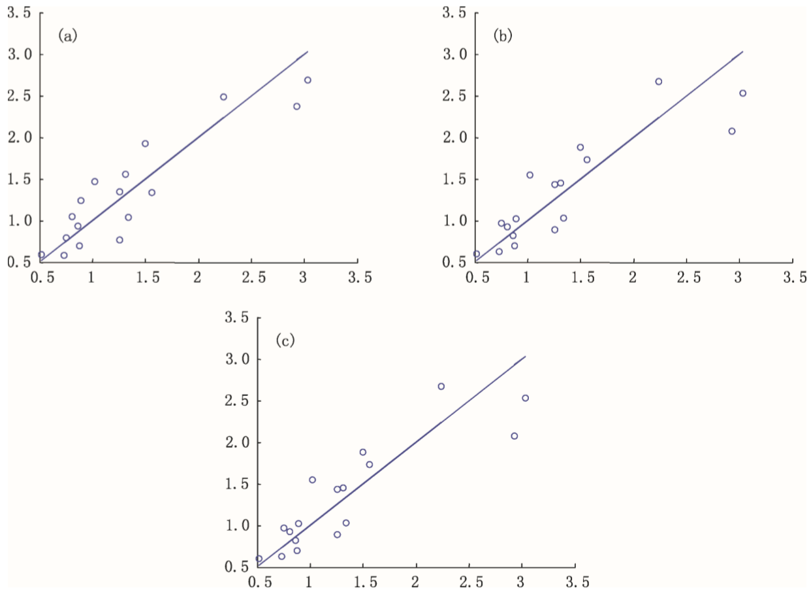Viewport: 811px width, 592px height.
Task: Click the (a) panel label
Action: coord(67,36)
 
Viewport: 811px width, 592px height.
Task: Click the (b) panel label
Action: coord(502,36)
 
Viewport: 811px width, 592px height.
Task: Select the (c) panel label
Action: coord(285,340)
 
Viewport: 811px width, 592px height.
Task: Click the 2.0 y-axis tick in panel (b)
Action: coord(454,138)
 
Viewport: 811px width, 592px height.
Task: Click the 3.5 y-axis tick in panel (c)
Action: coord(237,318)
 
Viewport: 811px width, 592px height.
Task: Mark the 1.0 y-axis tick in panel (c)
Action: coord(237,526)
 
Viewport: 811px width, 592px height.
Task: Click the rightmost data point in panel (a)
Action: coord(308,80)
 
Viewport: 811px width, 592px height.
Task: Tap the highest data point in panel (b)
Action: coord(658,82)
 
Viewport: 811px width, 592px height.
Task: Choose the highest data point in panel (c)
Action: coord(441,386)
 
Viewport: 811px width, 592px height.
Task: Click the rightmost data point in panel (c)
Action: coord(525,398)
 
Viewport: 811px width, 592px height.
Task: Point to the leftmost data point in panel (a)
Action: coord(41,255)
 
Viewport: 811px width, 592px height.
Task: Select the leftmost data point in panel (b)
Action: coord(476,254)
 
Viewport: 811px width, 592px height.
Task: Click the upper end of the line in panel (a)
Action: coord(308,51)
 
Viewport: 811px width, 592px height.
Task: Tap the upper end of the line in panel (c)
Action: coord(525,356)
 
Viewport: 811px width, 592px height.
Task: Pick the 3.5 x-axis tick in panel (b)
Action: coord(794,276)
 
